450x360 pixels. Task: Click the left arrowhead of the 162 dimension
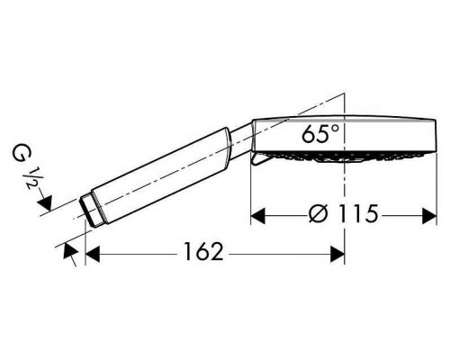coord(94,256)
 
